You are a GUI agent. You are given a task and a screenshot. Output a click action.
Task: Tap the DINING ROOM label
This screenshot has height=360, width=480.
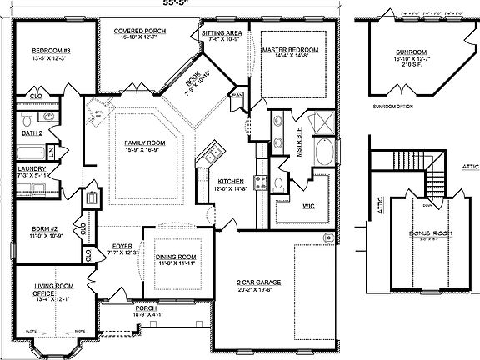coord(175,257)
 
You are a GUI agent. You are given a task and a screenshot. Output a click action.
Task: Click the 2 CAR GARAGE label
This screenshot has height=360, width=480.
coord(256,284)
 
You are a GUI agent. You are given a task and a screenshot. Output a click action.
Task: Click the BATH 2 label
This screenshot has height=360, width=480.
coord(32,132)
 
